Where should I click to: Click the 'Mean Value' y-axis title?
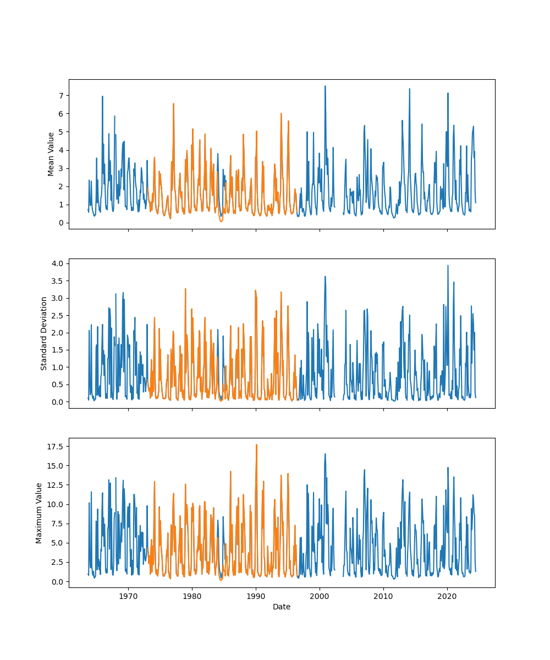(x=51, y=154)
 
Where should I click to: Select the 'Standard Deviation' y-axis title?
(x=44, y=333)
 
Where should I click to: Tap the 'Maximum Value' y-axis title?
(x=39, y=513)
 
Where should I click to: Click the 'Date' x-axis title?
(x=282, y=607)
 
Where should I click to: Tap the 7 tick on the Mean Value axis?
(x=60, y=96)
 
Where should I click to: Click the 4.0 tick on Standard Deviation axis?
(x=57, y=263)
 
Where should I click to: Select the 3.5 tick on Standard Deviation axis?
(x=57, y=281)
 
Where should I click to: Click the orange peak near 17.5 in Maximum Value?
(x=256, y=445)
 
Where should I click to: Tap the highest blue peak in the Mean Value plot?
(x=325, y=86)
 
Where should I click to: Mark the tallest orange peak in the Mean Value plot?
(x=173, y=104)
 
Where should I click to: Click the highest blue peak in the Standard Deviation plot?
(x=448, y=266)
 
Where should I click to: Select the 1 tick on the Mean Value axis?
(x=60, y=205)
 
